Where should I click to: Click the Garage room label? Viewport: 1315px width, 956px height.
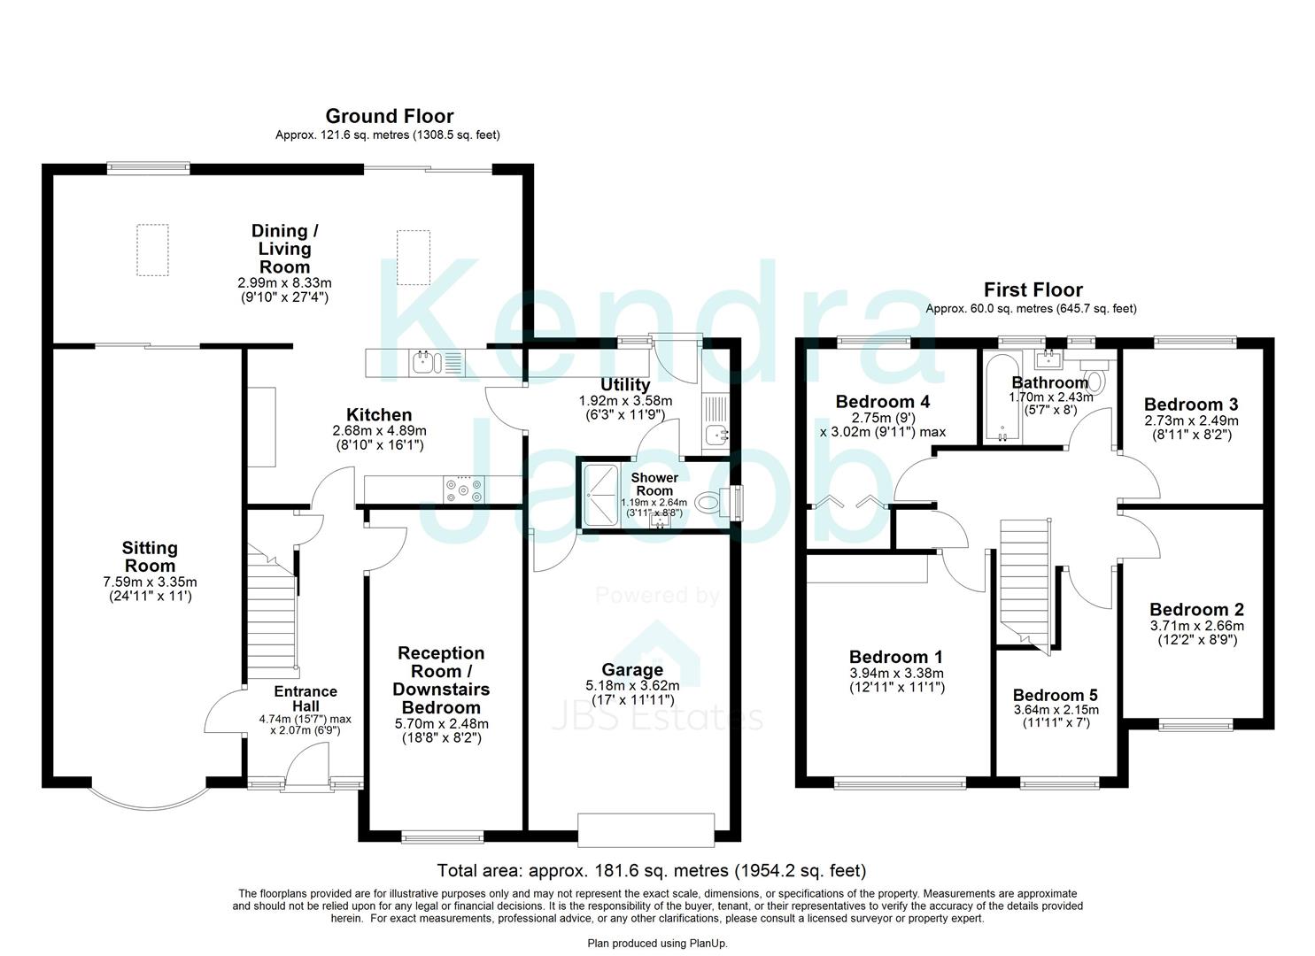(632, 670)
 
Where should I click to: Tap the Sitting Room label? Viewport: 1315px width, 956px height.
(149, 557)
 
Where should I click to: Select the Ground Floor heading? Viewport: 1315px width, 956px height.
(389, 116)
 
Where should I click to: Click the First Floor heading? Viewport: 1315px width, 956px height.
(1033, 289)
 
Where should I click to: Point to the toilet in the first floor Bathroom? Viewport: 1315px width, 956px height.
(1095, 380)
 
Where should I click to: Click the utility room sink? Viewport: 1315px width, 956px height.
(715, 435)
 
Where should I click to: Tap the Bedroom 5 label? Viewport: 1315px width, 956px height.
(1055, 695)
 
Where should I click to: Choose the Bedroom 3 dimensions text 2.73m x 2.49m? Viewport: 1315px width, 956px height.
(1191, 420)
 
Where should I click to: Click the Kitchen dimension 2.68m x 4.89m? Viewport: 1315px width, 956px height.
(379, 431)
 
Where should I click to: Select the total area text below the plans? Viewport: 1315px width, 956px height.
(651, 871)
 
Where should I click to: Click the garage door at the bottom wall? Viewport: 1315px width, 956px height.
(646, 829)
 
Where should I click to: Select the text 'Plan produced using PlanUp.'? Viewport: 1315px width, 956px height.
(657, 944)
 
